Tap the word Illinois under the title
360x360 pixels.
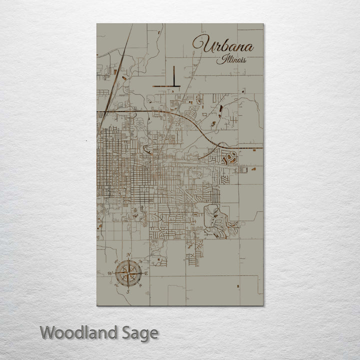coord(231,60)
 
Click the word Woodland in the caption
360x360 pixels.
coord(80,332)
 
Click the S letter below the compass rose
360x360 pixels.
coord(128,291)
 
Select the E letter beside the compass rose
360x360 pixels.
coord(146,273)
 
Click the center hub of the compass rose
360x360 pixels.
coord(128,273)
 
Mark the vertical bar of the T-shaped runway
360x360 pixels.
coord(173,76)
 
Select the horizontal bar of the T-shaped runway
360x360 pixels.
coord(167,87)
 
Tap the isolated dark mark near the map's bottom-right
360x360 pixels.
coord(238,286)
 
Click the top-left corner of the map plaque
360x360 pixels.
coord(97,23)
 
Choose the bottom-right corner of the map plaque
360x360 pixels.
coord(263,305)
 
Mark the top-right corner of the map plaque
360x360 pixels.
coord(263,23)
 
